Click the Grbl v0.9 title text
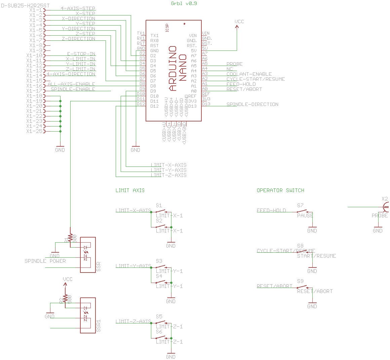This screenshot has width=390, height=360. tap(184, 3)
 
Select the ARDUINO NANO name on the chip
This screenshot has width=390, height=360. tap(178, 69)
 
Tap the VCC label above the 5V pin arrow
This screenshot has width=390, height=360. tap(239, 22)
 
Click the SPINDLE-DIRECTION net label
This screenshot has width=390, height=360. tap(252, 104)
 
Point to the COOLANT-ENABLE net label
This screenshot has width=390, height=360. tap(249, 74)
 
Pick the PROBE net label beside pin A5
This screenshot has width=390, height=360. tap(235, 64)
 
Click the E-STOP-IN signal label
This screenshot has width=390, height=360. tap(81, 54)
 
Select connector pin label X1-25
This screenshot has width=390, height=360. tap(34, 131)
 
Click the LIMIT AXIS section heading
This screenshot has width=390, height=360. tap(130, 190)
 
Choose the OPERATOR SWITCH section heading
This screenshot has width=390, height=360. tap(280, 190)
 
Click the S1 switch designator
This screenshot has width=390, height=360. tap(159, 205)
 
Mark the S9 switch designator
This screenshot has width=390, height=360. tap(300, 281)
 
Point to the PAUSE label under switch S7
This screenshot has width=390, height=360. tap(305, 216)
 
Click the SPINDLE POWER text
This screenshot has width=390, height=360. tap(45, 261)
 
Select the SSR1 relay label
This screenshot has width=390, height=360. tap(99, 326)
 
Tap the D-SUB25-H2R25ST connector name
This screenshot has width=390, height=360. tap(26, 5)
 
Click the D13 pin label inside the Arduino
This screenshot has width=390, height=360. tap(192, 106)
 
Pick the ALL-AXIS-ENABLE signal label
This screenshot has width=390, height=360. tap(71, 84)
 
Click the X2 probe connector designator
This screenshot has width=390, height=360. tap(385, 199)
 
